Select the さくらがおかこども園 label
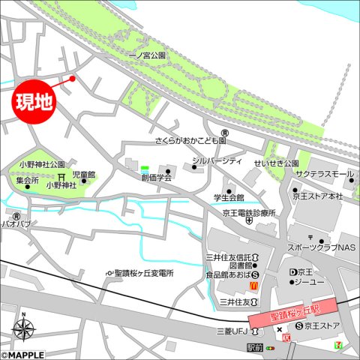[190, 140]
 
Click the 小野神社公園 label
[43, 163]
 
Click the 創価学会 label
[157, 178]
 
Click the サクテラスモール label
[323, 174]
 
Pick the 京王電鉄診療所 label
[247, 212]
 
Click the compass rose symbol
[25, 329]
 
